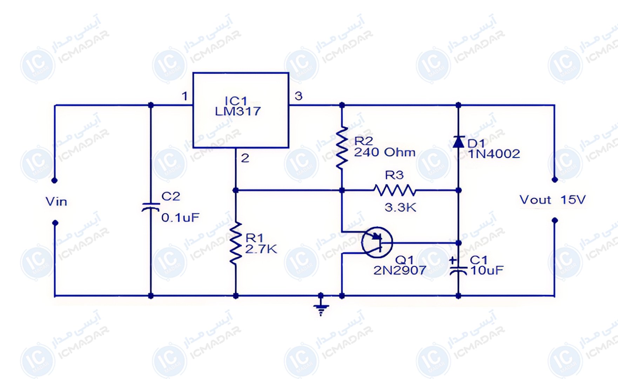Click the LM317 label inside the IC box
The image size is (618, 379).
(238, 111)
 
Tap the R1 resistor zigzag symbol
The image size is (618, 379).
(236, 242)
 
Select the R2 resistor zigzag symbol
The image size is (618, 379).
(342, 148)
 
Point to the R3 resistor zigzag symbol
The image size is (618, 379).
(395, 190)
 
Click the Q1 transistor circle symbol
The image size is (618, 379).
(377, 242)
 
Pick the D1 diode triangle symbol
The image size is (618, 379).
(458, 142)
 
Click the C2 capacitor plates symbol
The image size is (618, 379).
(151, 207)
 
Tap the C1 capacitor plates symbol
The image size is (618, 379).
(458, 271)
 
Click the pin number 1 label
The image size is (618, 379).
(185, 96)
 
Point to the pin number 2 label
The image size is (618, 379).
(245, 158)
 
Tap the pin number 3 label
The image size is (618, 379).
(298, 96)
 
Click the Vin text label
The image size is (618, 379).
(56, 201)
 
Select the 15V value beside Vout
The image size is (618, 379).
(573, 200)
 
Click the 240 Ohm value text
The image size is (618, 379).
(385, 152)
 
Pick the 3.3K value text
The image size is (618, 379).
(400, 207)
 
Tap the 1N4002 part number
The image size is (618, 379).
(494, 154)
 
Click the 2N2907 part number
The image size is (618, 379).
(400, 270)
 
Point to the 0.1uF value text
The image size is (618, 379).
(180, 218)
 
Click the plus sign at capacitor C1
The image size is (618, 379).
(453, 260)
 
